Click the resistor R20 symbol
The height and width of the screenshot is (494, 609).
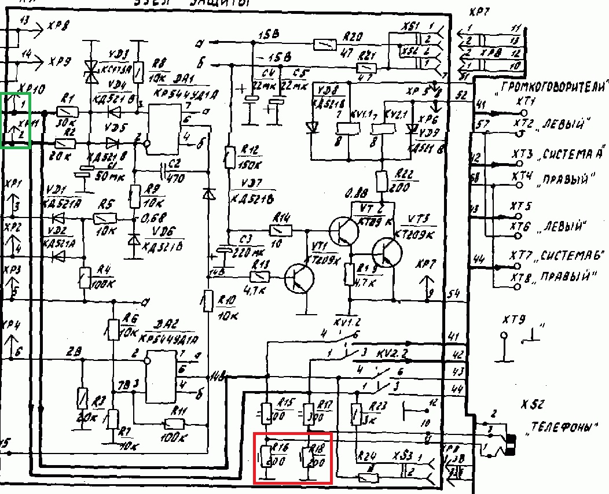(x=325, y=43)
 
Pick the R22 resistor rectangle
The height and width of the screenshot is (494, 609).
(x=382, y=181)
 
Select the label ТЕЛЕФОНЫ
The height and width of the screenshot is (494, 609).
(x=562, y=428)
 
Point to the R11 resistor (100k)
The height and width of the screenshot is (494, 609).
(x=173, y=424)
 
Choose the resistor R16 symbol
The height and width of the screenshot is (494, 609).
(x=266, y=456)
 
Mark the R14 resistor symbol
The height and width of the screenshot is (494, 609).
(x=281, y=230)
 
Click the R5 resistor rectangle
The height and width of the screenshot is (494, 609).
(x=105, y=219)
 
